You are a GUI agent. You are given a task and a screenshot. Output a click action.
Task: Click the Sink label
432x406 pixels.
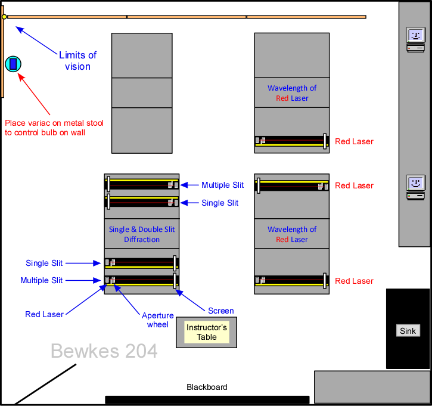pyautogui.click(x=408, y=330)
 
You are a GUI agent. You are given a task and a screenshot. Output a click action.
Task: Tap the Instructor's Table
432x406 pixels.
pyautogui.click(x=206, y=332)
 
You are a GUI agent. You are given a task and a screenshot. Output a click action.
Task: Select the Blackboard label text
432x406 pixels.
pyautogui.click(x=207, y=387)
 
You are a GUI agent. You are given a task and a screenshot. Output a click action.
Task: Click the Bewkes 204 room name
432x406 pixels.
pyautogui.click(x=104, y=351)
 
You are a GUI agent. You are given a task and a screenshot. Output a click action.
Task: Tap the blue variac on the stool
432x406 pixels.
pyautogui.click(x=13, y=64)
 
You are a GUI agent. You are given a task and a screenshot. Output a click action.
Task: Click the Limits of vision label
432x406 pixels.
pyautogui.click(x=77, y=60)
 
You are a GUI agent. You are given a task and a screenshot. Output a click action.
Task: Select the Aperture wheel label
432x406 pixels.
pyautogui.click(x=158, y=320)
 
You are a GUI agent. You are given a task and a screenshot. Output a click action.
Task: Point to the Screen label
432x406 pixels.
pyautogui.click(x=220, y=311)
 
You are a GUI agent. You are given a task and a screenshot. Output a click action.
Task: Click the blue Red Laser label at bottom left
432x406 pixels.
pyautogui.click(x=44, y=314)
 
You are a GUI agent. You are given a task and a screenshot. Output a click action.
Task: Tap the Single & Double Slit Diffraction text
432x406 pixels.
pyautogui.click(x=142, y=234)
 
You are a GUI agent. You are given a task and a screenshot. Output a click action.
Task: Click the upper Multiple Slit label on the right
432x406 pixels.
pyautogui.click(x=223, y=185)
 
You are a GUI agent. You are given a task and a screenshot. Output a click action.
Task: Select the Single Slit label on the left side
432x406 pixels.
pyautogui.click(x=45, y=263)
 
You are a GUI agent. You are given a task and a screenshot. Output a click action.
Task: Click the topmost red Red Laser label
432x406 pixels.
pyautogui.click(x=354, y=141)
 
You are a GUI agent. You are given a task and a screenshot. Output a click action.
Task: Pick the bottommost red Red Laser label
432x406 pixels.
pyautogui.click(x=354, y=281)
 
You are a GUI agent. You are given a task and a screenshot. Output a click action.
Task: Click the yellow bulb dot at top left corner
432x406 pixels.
pyautogui.click(x=4, y=17)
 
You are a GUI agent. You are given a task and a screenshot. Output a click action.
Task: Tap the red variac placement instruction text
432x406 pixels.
pyautogui.click(x=54, y=128)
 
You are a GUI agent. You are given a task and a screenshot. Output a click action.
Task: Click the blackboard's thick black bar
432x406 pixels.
pyautogui.click(x=207, y=399)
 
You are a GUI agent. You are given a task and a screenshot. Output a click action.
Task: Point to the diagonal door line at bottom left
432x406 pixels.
pyautogui.click(x=45, y=384)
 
